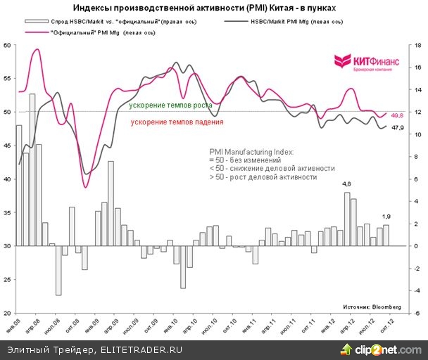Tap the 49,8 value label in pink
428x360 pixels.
(x=396, y=115)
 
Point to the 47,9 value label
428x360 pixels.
(x=396, y=128)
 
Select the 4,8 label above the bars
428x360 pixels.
(x=347, y=185)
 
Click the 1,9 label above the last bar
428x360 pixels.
(x=386, y=217)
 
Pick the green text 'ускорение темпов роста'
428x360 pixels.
(x=171, y=105)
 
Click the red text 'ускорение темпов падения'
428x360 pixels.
(x=177, y=122)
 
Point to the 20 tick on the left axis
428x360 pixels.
(x=8, y=313)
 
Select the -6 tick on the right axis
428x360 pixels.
(x=417, y=313)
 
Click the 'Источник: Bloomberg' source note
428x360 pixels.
(x=372, y=307)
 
